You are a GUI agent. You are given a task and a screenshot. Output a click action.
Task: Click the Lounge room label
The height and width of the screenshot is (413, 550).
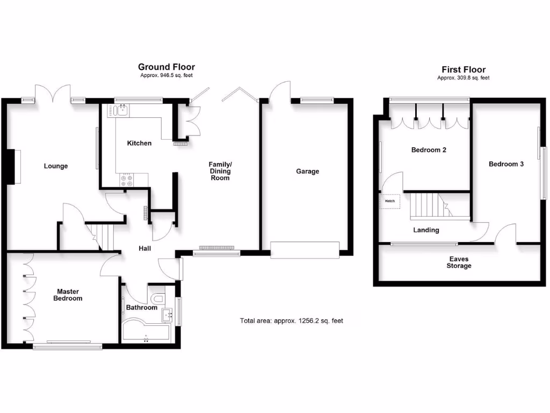point(56,166)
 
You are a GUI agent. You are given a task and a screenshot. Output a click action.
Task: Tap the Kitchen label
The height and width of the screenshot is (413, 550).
point(139,143)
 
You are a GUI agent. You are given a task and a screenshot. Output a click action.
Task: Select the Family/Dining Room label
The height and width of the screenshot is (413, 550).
point(220,170)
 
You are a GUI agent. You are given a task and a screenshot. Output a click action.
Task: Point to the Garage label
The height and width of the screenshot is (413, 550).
point(307,172)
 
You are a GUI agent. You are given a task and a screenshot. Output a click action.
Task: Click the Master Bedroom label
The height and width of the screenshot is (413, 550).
point(68,295)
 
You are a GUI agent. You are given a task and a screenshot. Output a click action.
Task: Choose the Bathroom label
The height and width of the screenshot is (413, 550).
point(141,308)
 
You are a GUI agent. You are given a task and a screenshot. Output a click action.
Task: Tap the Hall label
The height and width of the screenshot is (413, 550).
point(144,248)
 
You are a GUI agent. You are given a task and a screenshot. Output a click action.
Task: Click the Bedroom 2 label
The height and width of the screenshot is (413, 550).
point(429,150)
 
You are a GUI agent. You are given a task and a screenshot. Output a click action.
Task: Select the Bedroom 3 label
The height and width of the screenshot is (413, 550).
point(506,164)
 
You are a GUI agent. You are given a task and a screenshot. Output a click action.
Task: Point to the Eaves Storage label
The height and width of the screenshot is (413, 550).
point(460,262)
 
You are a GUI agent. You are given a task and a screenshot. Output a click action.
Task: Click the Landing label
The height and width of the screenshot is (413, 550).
point(426,230)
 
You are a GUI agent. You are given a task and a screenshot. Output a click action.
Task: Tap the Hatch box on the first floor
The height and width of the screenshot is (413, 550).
point(389,201)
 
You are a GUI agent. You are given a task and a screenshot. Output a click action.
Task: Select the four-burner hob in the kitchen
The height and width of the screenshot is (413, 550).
point(128,181)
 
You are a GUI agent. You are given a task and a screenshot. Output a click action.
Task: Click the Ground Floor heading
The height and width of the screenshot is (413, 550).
point(167,67)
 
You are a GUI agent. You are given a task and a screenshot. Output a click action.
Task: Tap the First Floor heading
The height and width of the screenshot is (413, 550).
point(464,69)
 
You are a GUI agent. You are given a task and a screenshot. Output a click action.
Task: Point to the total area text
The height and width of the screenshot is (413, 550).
point(291,321)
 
